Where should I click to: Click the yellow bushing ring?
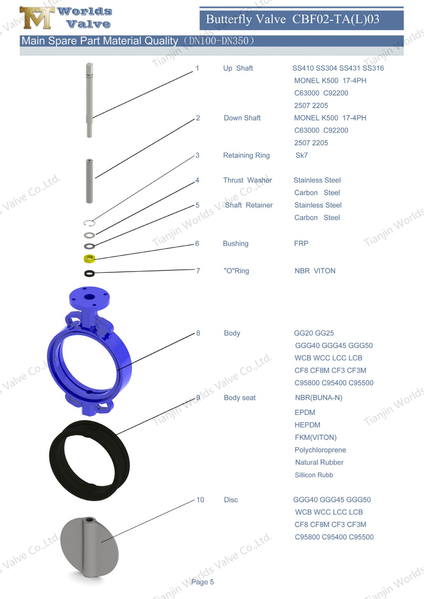point(89,258)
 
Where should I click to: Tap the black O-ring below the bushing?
point(89,273)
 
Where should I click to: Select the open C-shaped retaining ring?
point(89,223)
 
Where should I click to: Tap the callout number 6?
point(197,243)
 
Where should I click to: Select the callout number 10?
point(200,499)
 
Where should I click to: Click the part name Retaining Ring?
point(246,155)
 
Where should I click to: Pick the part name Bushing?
point(235,243)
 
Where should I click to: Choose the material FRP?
point(301,243)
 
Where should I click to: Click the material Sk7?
point(301,155)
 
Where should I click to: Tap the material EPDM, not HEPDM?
point(305,412)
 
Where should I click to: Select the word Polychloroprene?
point(320,450)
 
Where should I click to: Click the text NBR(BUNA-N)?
point(319,398)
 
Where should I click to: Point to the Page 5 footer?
point(202,582)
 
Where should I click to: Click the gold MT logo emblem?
point(37,18)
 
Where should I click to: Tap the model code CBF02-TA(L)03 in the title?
point(336,19)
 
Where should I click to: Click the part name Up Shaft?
point(238,68)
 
